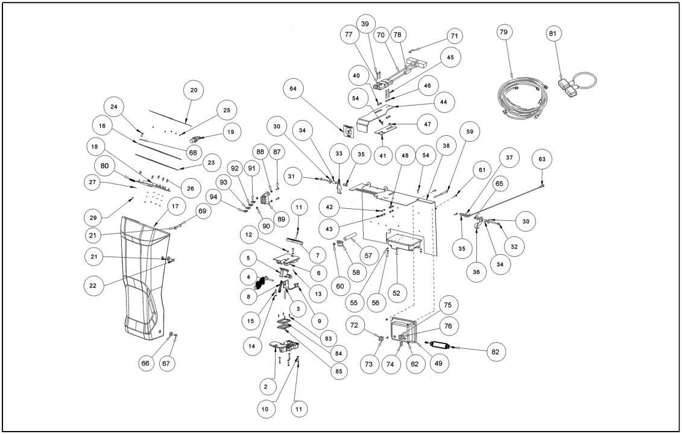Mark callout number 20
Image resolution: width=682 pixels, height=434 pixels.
point(194,90)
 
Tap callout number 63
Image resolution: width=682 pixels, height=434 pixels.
point(541,160)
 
